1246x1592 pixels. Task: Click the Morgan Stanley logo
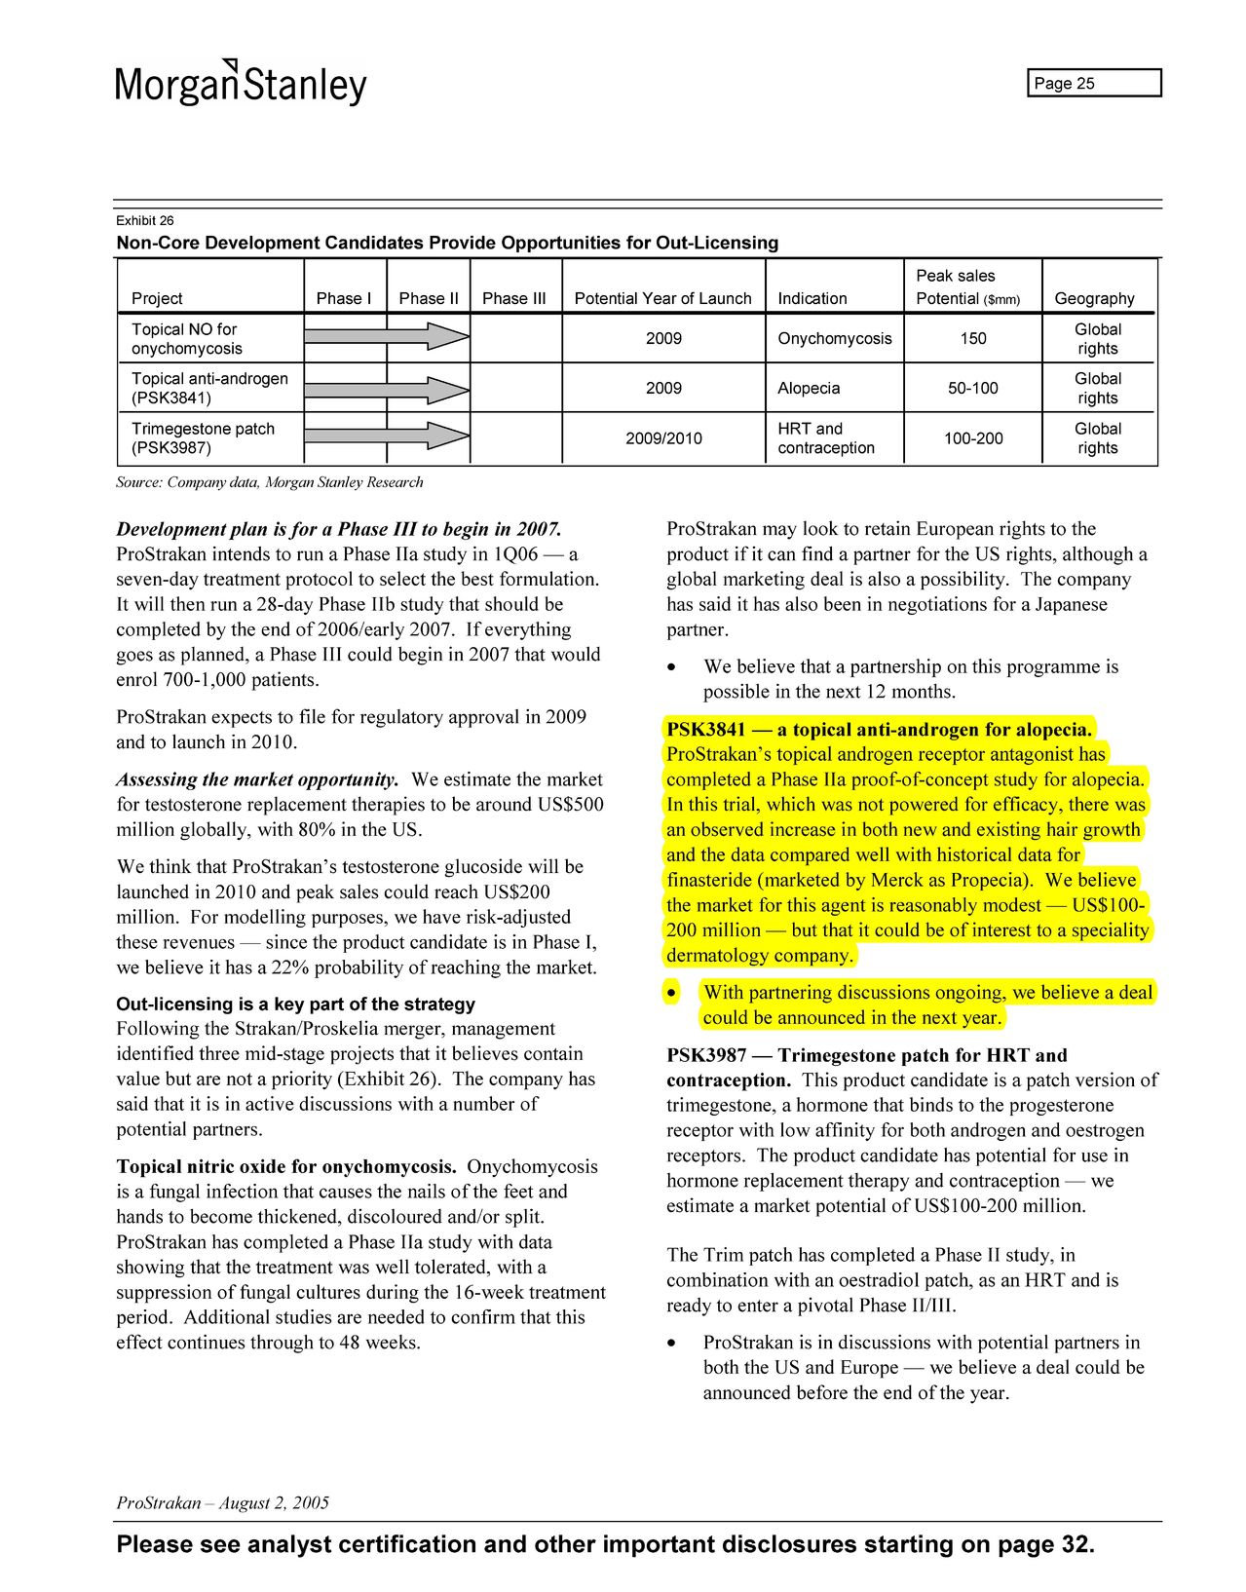pos(241,83)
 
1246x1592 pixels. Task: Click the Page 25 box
pos(1094,84)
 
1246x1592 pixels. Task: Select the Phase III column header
pos(513,298)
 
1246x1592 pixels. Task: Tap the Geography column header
pos(1094,298)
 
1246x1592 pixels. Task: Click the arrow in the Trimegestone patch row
pos(387,436)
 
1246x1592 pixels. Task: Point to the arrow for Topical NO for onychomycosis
pos(387,337)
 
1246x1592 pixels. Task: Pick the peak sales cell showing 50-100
pos(972,388)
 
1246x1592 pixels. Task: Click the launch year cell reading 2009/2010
pos(663,438)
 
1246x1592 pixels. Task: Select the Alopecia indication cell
pos(809,388)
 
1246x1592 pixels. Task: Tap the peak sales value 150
pos(972,338)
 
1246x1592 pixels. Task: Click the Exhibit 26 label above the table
pos(145,220)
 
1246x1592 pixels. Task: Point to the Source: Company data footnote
pos(270,482)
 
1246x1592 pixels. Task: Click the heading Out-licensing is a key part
pos(295,1004)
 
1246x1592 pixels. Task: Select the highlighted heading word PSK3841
pos(706,729)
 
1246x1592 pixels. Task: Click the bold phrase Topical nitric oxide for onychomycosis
pos(286,1166)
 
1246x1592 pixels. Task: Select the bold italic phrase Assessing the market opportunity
pos(257,779)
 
